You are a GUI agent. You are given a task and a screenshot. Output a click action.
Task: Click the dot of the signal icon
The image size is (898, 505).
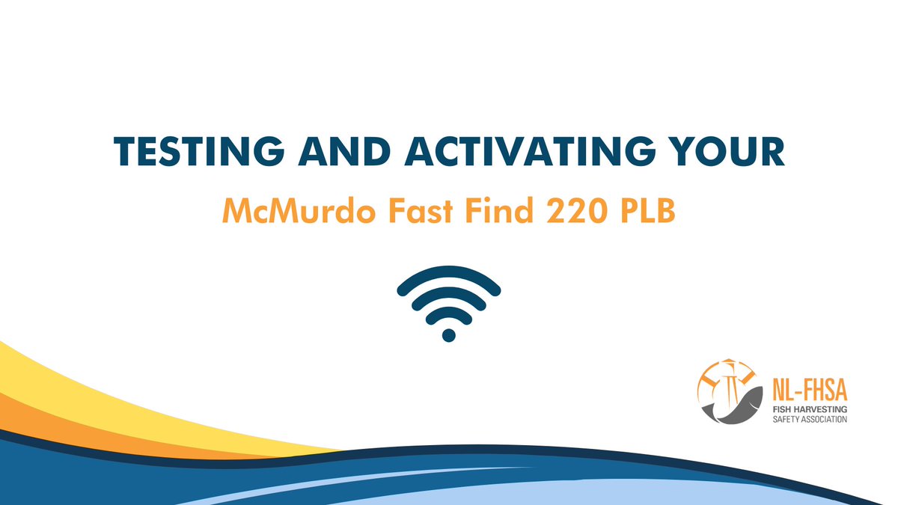[x=449, y=334]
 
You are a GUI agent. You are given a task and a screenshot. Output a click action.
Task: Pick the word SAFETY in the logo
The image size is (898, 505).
[x=786, y=419]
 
